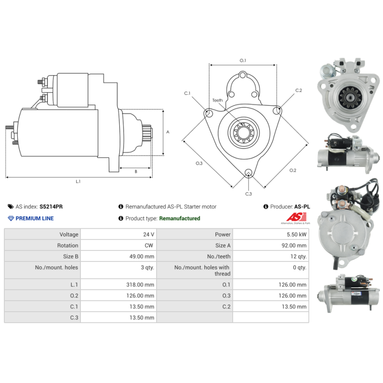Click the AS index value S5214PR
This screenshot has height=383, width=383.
click(x=51, y=207)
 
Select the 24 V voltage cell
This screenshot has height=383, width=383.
click(x=148, y=235)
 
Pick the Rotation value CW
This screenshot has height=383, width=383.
click(x=149, y=246)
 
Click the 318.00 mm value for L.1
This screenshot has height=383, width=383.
click(x=142, y=285)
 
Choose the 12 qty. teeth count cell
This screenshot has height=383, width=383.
click(x=298, y=257)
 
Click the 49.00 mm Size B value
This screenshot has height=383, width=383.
click(x=142, y=257)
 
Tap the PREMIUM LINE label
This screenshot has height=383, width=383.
click(x=34, y=218)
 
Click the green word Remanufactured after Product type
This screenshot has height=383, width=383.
click(x=180, y=218)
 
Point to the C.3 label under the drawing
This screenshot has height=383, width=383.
click(x=248, y=194)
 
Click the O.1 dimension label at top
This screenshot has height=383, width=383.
click(x=243, y=61)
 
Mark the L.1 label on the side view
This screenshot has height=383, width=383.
click(x=78, y=181)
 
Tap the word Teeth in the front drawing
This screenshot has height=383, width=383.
click(x=217, y=101)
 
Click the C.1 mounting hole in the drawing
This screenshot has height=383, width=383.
click(x=209, y=113)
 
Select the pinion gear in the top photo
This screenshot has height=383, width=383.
click(x=348, y=97)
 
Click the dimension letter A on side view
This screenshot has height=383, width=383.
click(x=167, y=132)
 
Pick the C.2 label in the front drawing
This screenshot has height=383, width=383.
click(x=298, y=90)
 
